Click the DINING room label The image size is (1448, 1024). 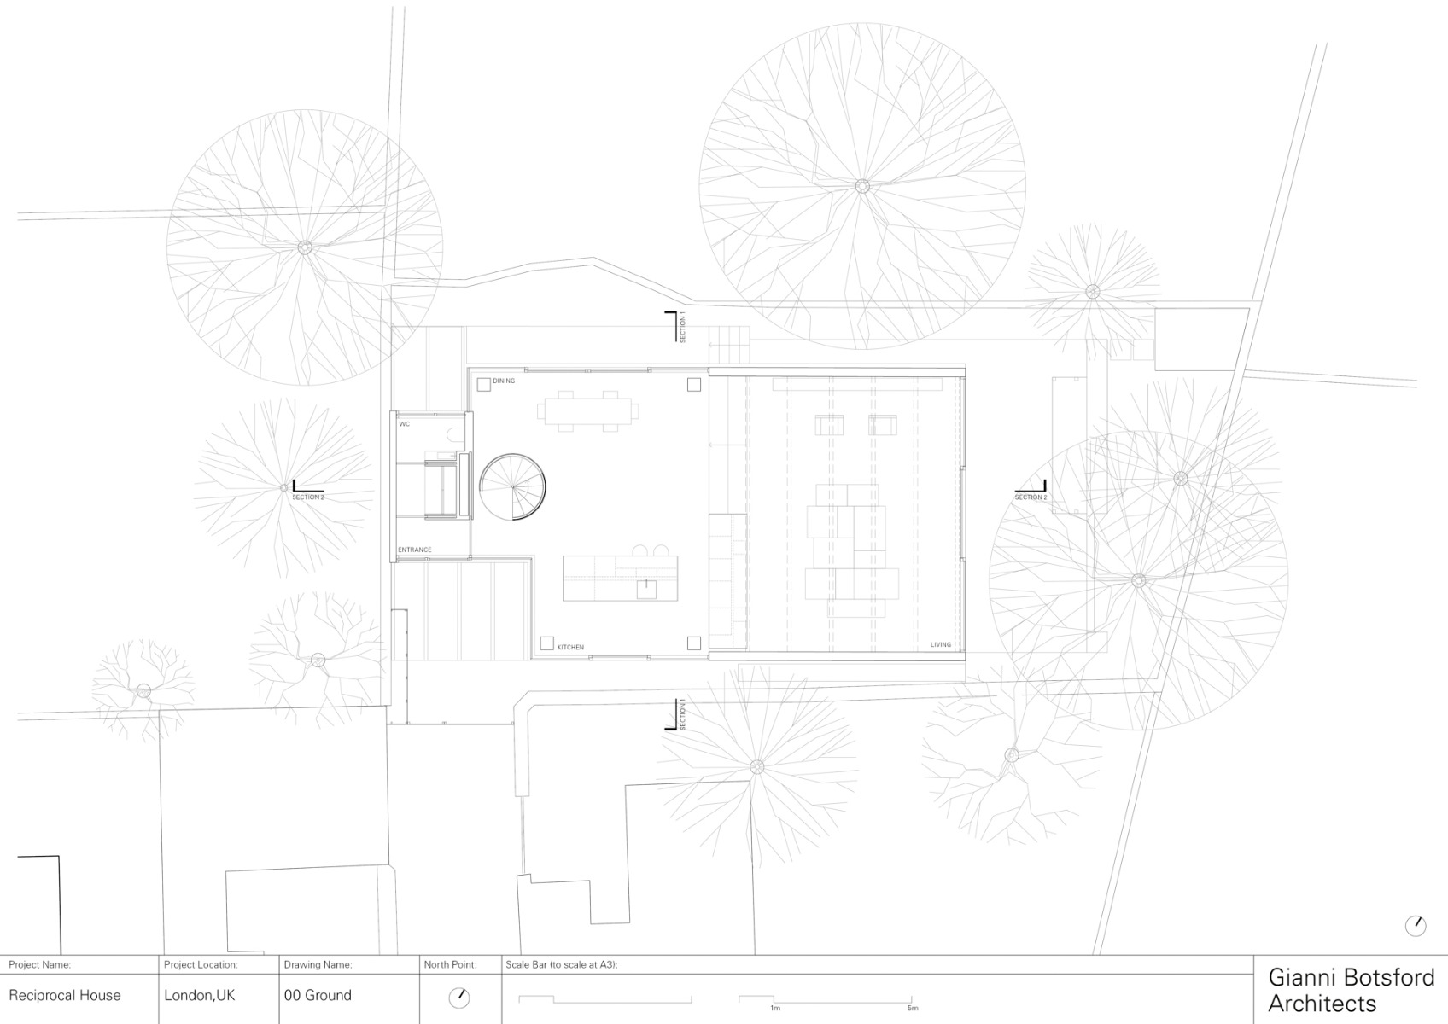[504, 381]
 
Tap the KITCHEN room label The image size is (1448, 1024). [570, 648]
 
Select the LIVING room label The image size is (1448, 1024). [940, 645]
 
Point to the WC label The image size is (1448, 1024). [405, 423]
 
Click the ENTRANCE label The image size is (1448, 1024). [415, 550]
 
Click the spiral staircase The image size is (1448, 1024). [511, 486]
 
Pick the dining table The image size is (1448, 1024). [588, 410]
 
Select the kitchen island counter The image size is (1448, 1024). [620, 578]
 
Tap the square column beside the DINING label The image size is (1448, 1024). [483, 385]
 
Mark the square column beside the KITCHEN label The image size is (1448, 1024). [546, 643]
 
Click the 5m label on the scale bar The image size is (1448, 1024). [913, 1009]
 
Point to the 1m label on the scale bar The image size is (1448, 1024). [774, 1009]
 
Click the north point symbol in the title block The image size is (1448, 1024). [459, 997]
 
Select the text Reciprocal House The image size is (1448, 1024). [65, 995]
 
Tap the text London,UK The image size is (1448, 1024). [200, 995]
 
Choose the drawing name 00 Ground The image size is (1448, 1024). [318, 995]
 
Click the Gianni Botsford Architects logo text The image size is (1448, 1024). [1351, 990]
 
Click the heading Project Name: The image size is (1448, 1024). [39, 965]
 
